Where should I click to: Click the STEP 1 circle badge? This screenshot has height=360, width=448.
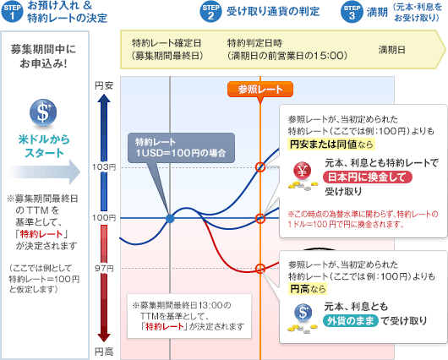(x=12, y=12)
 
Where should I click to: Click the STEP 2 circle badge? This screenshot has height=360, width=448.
(x=210, y=12)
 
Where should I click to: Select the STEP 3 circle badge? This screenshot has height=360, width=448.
(x=352, y=12)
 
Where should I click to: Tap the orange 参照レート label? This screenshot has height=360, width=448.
(x=260, y=90)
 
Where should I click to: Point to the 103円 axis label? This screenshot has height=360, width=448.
(x=104, y=167)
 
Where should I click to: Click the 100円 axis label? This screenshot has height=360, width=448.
(x=104, y=218)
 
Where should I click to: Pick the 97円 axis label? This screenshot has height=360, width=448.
(x=105, y=269)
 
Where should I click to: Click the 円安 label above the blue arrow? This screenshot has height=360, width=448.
(x=104, y=85)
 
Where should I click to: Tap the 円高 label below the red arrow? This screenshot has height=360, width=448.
(x=104, y=352)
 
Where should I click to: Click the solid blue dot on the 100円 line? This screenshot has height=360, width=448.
(x=170, y=219)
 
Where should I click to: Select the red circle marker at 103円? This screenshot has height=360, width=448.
(x=260, y=167)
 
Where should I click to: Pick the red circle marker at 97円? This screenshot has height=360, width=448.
(x=260, y=269)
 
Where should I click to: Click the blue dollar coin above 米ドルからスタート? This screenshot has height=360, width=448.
(x=43, y=112)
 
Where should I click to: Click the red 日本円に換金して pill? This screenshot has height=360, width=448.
(x=368, y=177)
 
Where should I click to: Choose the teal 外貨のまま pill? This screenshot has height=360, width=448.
(x=351, y=321)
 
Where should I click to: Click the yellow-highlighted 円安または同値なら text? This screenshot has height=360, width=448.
(x=331, y=145)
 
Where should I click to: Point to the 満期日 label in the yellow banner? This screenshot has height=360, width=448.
(x=391, y=50)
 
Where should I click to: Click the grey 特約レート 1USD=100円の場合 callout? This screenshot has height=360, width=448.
(x=181, y=148)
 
